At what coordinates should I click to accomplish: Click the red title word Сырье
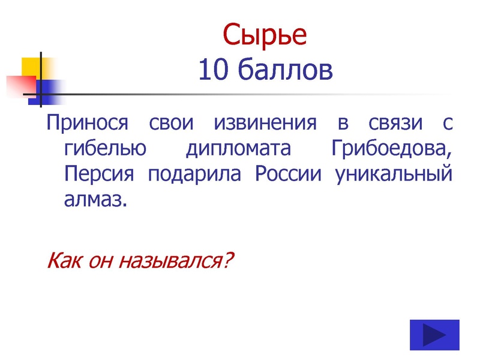click(x=265, y=37)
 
